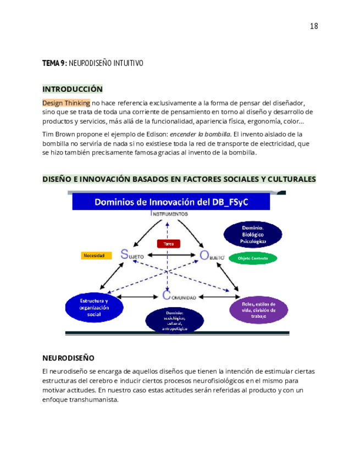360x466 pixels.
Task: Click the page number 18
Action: pos(314,26)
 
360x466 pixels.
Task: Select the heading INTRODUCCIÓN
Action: pos(73,89)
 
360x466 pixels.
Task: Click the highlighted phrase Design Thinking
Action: pos(66,103)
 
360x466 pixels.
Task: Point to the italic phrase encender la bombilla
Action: pos(200,134)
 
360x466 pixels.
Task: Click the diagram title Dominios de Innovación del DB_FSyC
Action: pos(171,202)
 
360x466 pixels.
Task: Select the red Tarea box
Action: pos(169,243)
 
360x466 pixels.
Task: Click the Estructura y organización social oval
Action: pos(93,308)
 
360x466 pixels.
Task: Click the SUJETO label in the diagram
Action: pos(132,255)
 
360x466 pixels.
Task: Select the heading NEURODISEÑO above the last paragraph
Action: pos(68,357)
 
